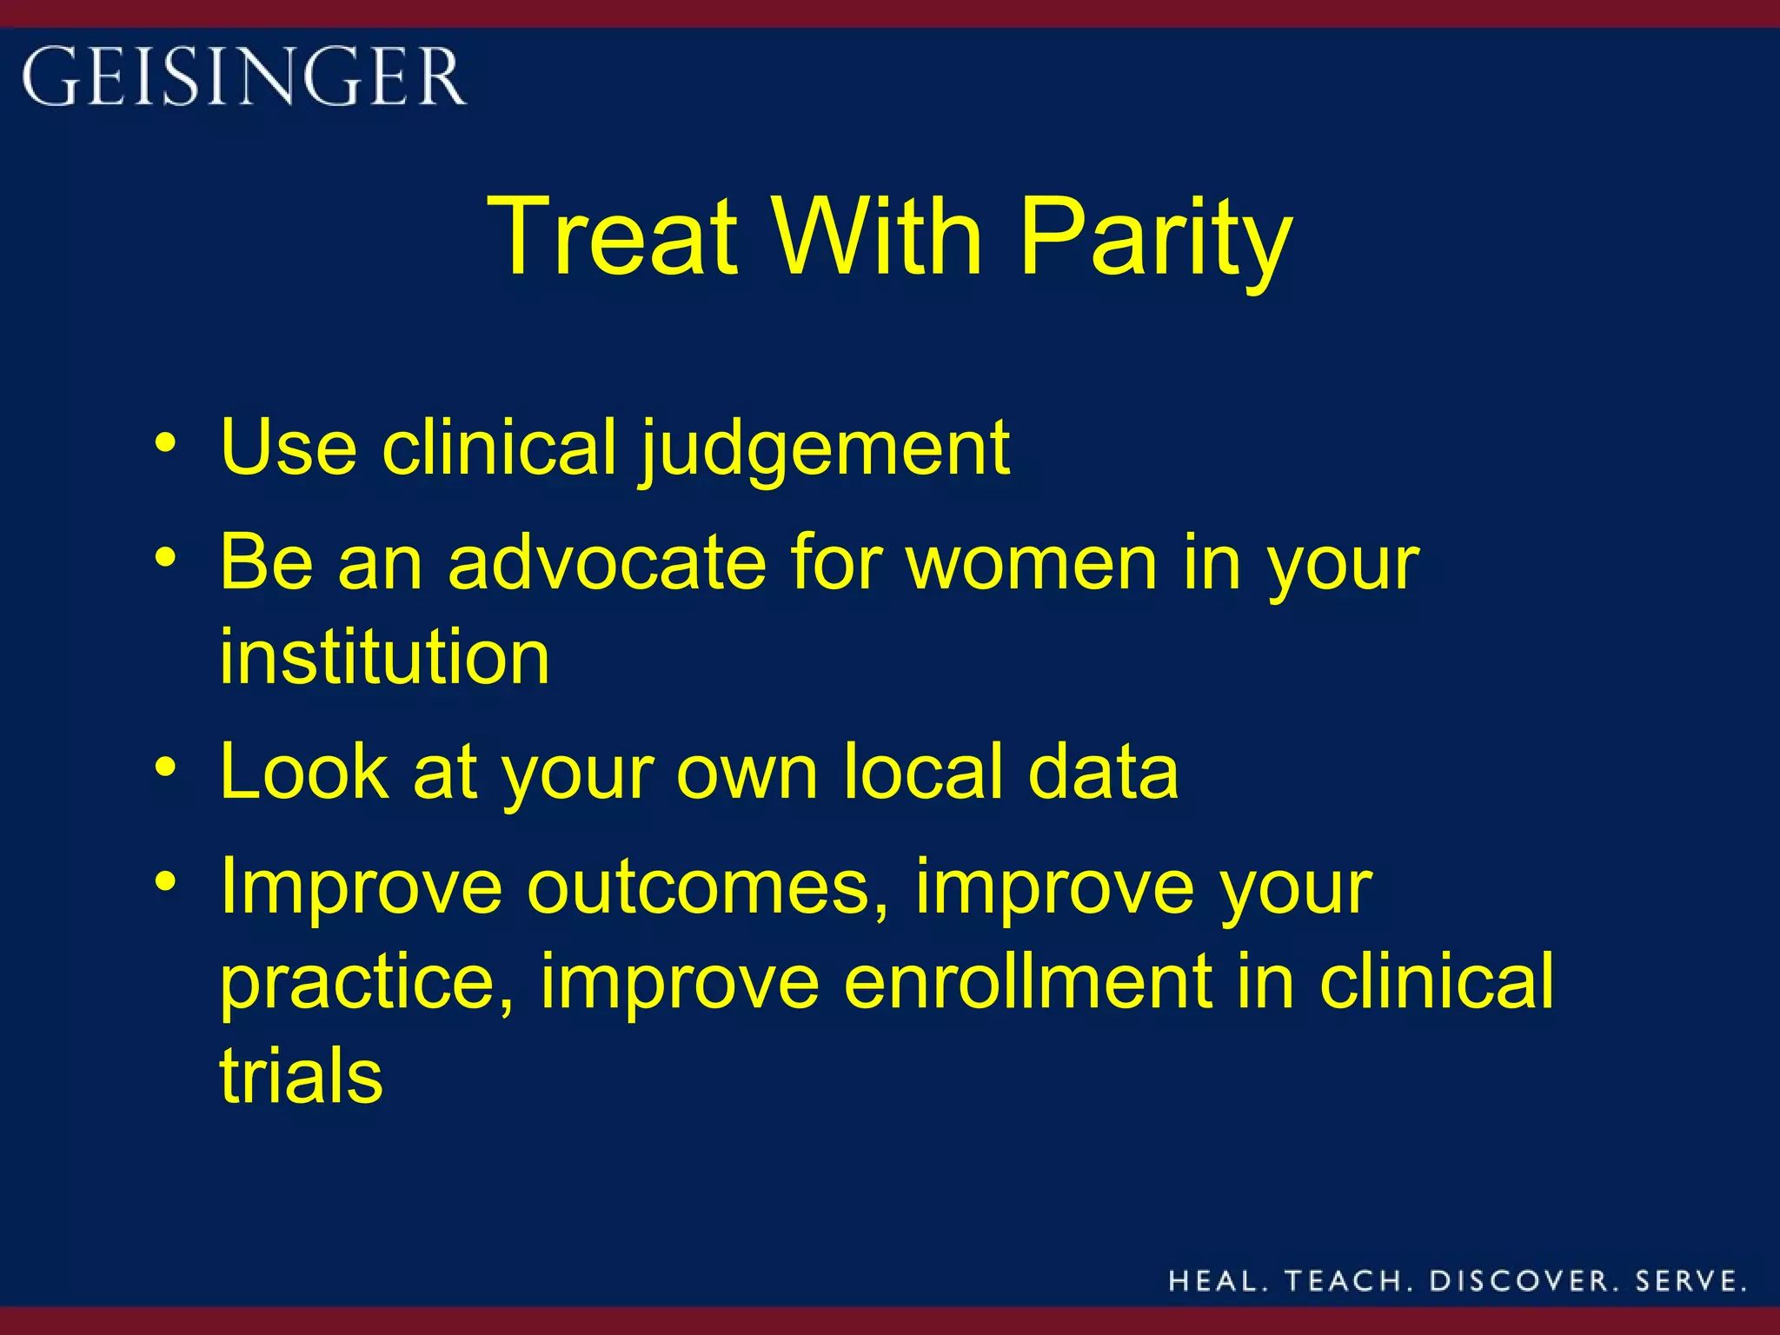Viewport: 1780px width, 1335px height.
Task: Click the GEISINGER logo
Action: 244,76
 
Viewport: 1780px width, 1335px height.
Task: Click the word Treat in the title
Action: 613,236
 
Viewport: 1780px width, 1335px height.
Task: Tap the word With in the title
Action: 878,236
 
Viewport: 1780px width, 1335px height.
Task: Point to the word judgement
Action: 826,450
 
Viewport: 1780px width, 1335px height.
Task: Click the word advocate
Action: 607,563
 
